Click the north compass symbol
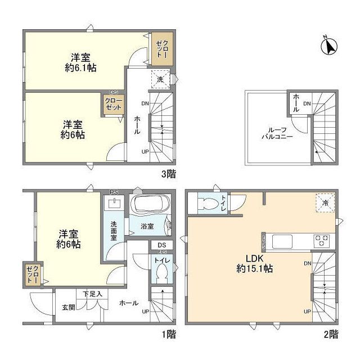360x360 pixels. click(x=328, y=46)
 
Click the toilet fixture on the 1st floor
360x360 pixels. click(x=161, y=275)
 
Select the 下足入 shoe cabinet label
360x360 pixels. click(x=93, y=294)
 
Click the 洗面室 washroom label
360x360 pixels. click(x=112, y=230)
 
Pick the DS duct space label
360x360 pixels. click(x=162, y=245)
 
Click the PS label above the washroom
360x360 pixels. click(x=113, y=191)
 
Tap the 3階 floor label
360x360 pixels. click(x=169, y=175)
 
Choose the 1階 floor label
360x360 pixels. click(x=169, y=334)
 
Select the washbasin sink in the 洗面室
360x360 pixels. click(x=116, y=202)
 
